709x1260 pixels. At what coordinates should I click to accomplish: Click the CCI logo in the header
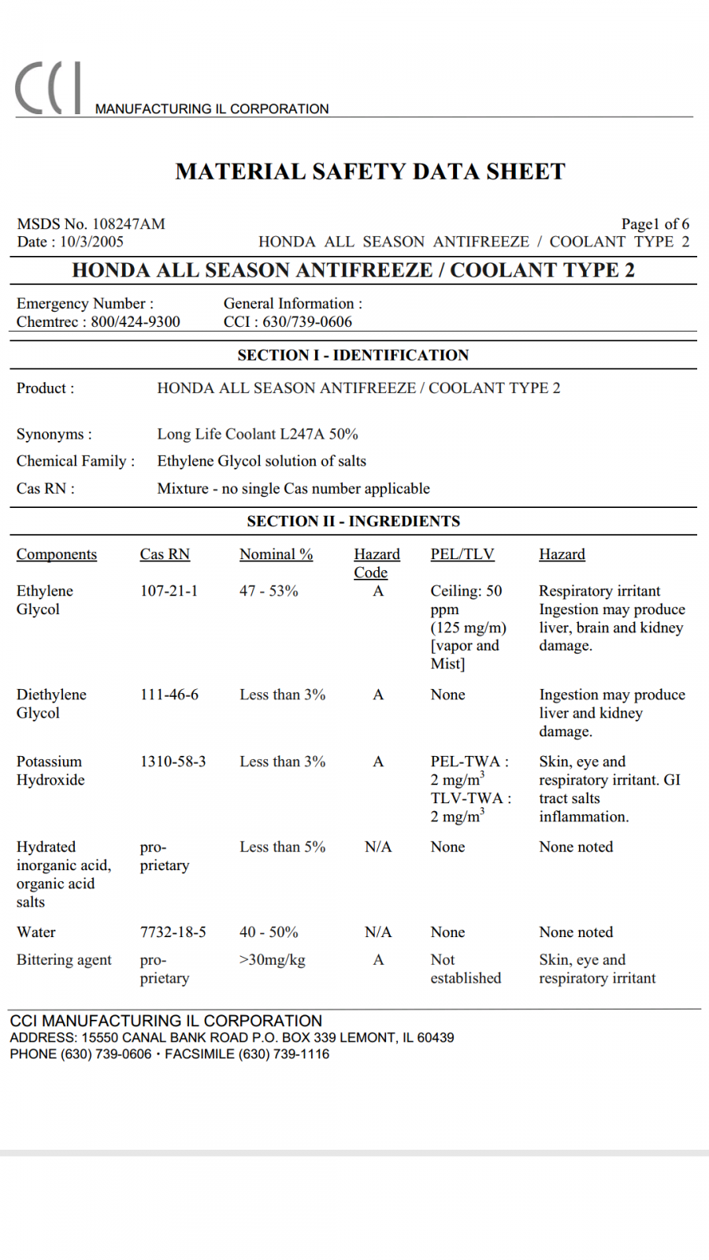[x=47, y=88]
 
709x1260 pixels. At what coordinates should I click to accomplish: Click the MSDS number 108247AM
[x=128, y=224]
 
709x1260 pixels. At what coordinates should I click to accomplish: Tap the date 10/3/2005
[x=91, y=242]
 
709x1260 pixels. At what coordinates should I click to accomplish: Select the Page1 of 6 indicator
[x=655, y=224]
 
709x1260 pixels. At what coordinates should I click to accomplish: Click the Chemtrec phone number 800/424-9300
[x=135, y=321]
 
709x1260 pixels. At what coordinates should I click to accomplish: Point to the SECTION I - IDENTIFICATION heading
[x=353, y=355]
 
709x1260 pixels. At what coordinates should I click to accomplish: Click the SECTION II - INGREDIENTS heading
[x=353, y=521]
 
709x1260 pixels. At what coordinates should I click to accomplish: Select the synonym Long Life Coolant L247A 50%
[x=258, y=434]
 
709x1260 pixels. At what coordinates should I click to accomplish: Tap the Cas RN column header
[x=165, y=554]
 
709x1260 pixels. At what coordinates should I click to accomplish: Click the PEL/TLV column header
[x=462, y=554]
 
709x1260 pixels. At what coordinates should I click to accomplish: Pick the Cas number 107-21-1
[x=169, y=591]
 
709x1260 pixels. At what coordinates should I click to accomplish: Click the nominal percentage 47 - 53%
[x=269, y=591]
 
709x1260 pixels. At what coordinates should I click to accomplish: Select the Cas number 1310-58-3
[x=173, y=762]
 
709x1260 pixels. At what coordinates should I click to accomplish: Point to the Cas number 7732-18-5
[x=173, y=932]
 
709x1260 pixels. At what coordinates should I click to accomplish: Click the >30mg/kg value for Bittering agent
[x=272, y=959]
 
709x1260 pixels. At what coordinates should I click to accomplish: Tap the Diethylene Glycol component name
[x=51, y=703]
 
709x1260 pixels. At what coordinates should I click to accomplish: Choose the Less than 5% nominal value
[x=282, y=847]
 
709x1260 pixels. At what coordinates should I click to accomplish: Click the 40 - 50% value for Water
[x=269, y=932]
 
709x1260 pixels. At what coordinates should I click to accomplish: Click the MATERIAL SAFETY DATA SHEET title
[x=370, y=172]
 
